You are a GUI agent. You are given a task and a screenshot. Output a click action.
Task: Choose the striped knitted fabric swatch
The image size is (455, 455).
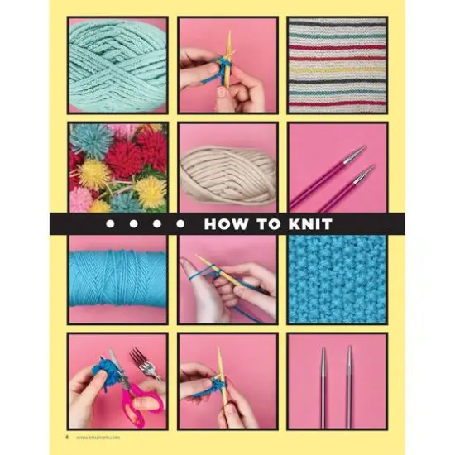click(x=336, y=64)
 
